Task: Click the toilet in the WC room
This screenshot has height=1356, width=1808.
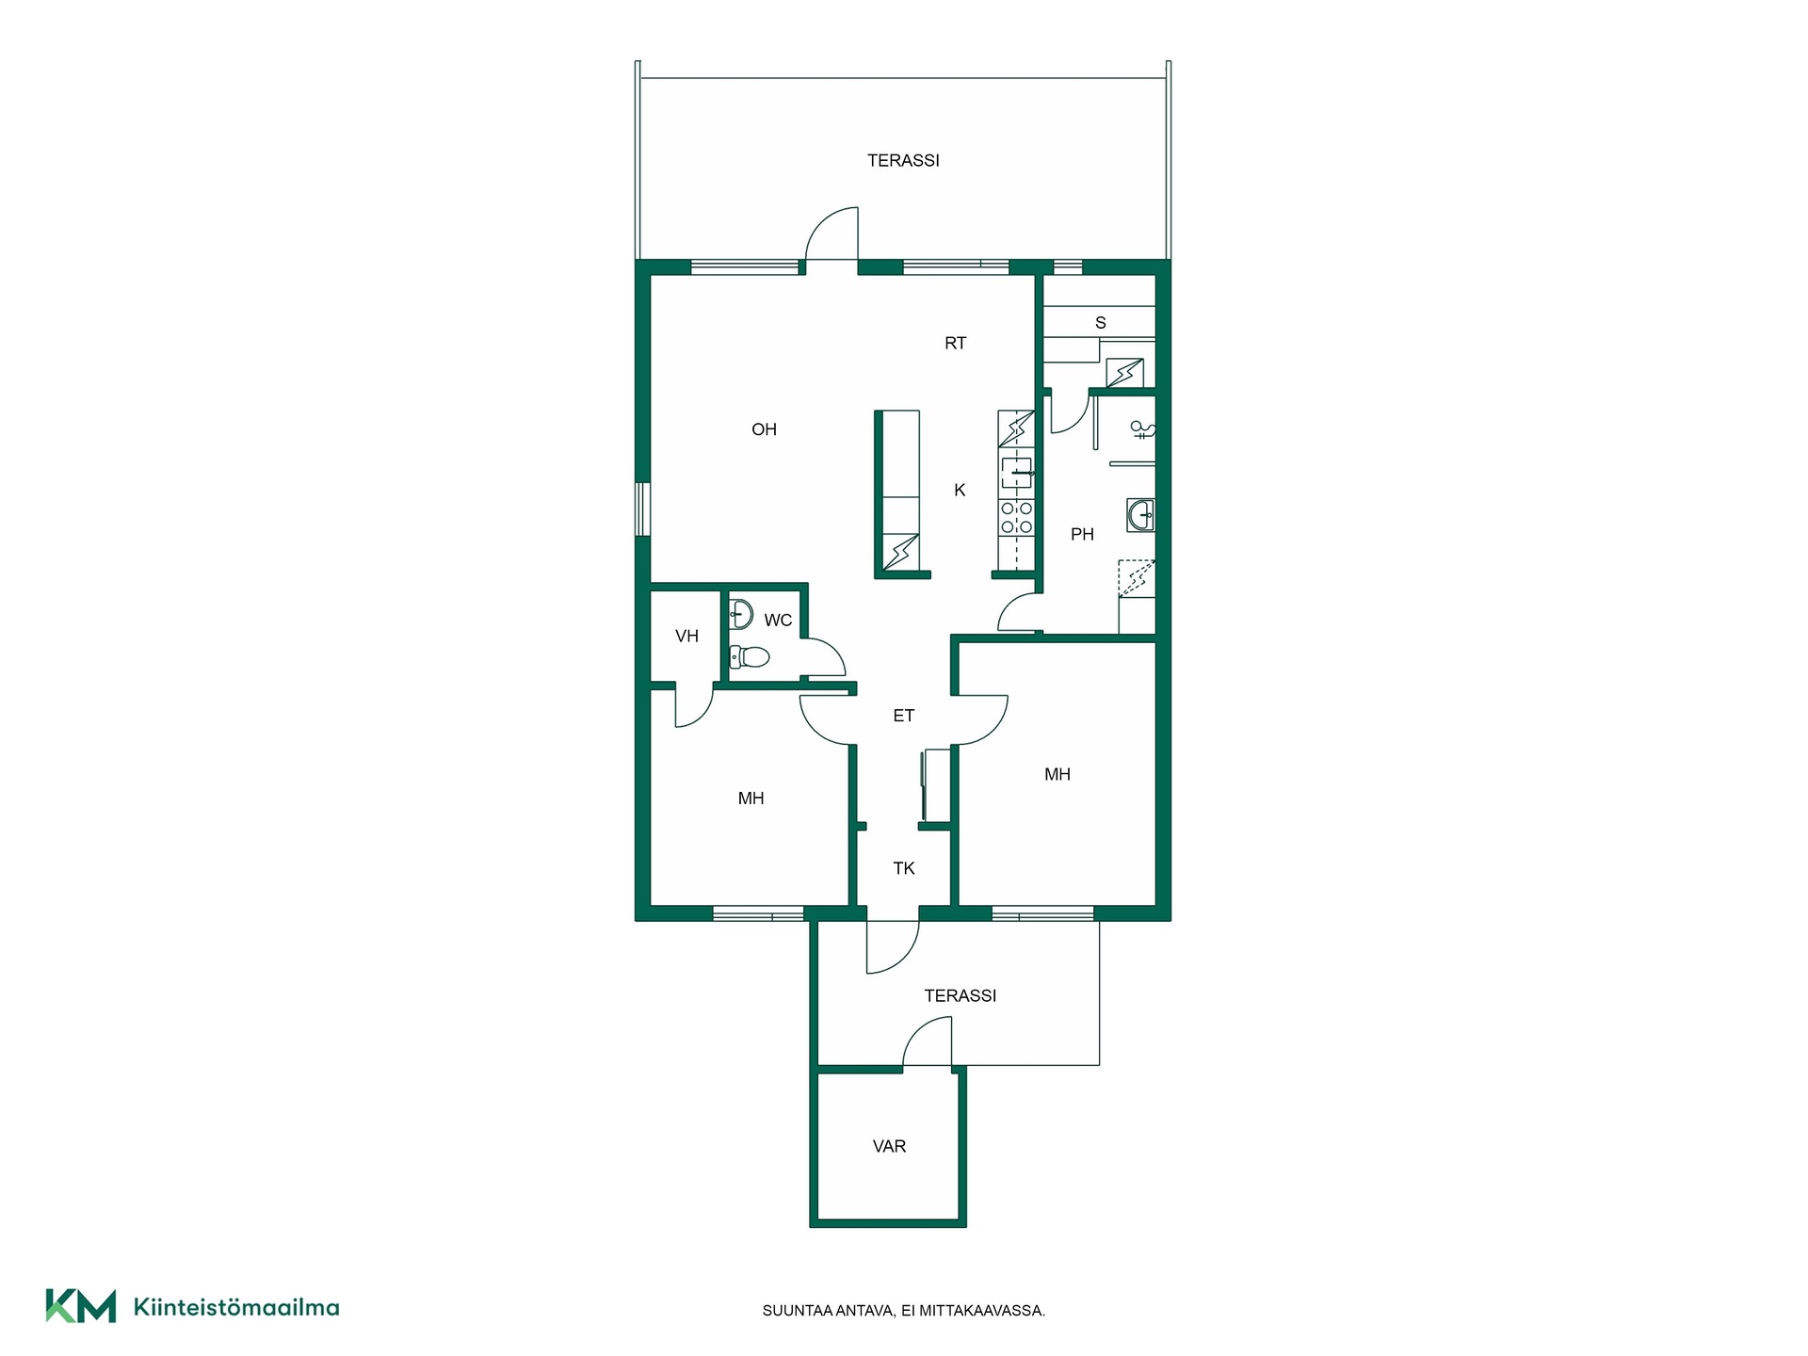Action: pyautogui.click(x=750, y=655)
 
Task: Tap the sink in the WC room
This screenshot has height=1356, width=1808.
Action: pyautogui.click(x=741, y=614)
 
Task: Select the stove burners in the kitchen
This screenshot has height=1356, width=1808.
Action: pyautogui.click(x=1017, y=518)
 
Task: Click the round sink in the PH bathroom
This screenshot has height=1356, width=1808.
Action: pyautogui.click(x=1140, y=515)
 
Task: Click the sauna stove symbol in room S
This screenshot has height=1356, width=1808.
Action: pyautogui.click(x=1124, y=373)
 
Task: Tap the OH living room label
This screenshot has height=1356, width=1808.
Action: pyautogui.click(x=764, y=429)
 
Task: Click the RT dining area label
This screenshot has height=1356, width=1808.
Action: pyautogui.click(x=955, y=344)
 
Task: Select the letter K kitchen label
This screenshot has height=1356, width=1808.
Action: pyautogui.click(x=960, y=490)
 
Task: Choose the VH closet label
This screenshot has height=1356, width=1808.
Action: pyautogui.click(x=686, y=637)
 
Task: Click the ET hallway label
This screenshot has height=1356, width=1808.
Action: pyautogui.click(x=903, y=716)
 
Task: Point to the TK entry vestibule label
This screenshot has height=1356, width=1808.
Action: pyautogui.click(x=903, y=868)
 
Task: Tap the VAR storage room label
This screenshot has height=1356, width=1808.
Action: pyautogui.click(x=889, y=1146)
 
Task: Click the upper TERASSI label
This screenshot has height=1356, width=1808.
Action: pyautogui.click(x=903, y=161)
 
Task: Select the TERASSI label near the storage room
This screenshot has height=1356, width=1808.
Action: pyautogui.click(x=960, y=995)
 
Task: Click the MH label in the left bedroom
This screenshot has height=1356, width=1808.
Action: pyautogui.click(x=751, y=799)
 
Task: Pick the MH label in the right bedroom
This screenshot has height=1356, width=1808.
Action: pyautogui.click(x=1057, y=774)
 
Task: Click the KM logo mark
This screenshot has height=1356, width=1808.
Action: pyautogui.click(x=81, y=1306)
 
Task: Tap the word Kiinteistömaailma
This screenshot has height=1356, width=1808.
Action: pyautogui.click(x=236, y=1307)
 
